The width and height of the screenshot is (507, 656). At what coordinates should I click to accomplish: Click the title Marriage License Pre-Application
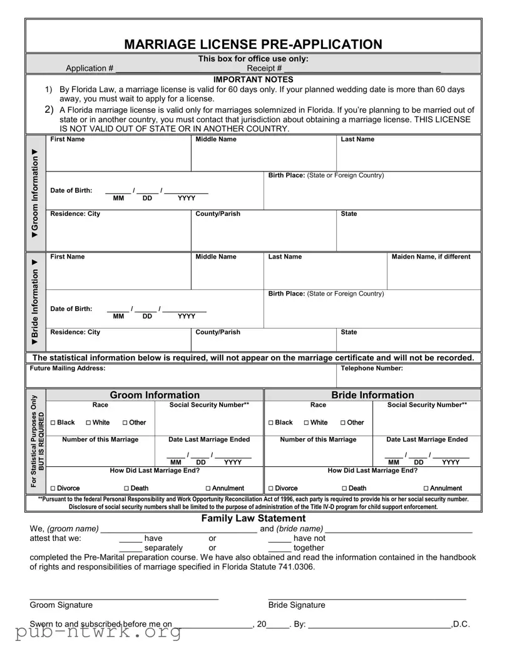coord(253,44)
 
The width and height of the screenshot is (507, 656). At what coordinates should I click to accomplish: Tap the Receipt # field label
coord(264,68)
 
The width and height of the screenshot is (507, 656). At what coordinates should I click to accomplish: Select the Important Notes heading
coord(253,79)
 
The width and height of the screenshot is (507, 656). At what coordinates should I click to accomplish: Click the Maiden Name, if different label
coord(431,257)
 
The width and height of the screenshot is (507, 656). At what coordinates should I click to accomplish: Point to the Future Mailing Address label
coord(68,369)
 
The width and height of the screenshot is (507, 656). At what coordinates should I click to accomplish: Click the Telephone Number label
coord(371,369)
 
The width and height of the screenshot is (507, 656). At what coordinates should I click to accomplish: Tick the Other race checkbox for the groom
coord(125,423)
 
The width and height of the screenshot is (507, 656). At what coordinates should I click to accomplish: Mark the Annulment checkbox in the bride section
coord(426,489)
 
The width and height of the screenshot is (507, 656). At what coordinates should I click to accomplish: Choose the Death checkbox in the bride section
coord(345,489)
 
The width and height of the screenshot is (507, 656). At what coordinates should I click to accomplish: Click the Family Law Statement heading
coord(253,518)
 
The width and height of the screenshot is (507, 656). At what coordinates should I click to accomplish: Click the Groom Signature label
coord(61,605)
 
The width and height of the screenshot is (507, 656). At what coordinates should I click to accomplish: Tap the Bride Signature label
coord(297,605)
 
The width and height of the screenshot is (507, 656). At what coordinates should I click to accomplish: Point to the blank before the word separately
coord(130,547)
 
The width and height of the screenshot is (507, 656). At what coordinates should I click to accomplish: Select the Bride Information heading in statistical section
coord(372,395)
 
